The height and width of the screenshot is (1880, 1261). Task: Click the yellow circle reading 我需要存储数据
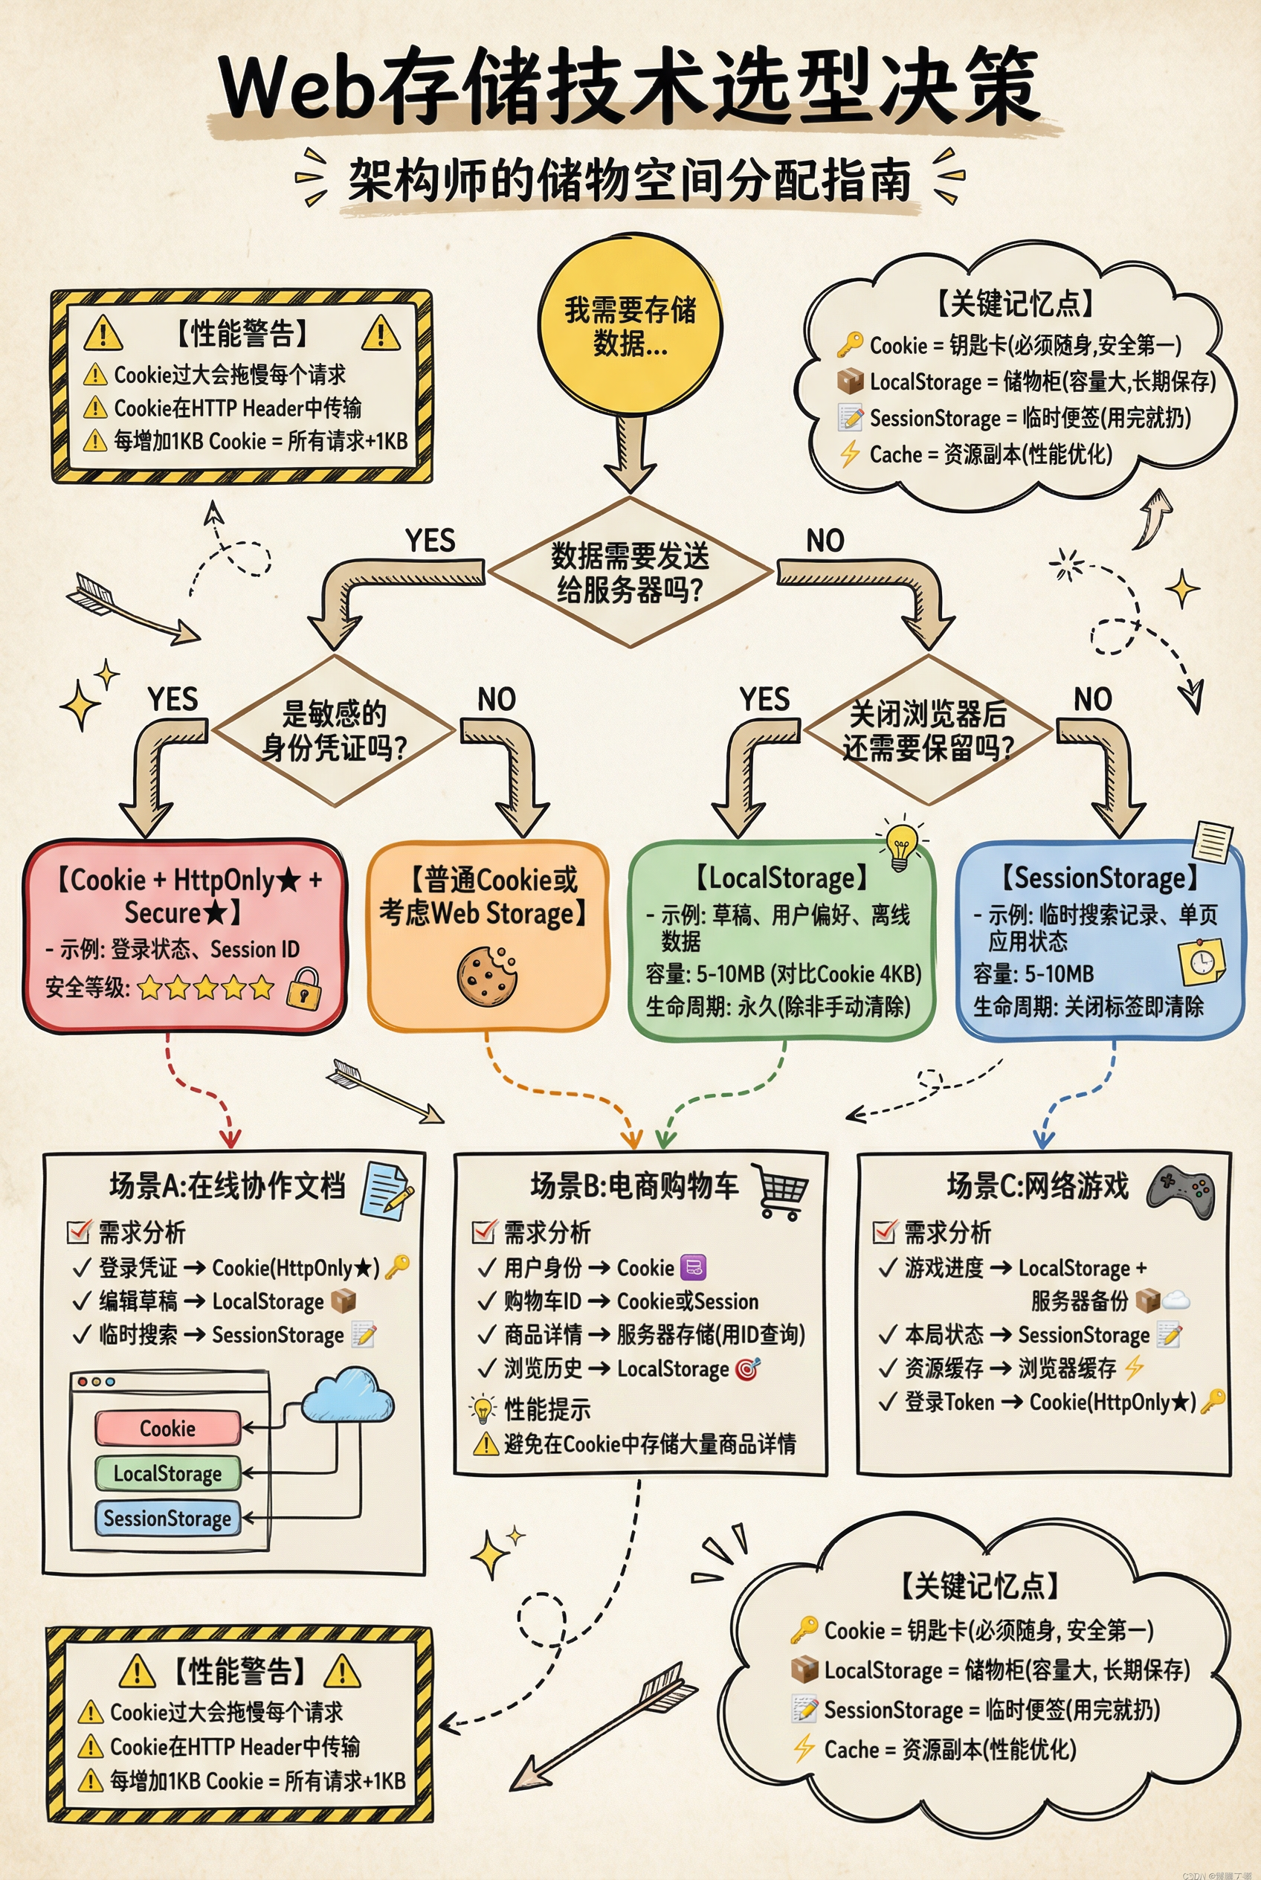630,326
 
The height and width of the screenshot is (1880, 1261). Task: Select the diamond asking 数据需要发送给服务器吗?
630,572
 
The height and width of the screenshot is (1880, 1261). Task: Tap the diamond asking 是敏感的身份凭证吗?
334,730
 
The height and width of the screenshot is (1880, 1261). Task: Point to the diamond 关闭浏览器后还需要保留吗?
928,730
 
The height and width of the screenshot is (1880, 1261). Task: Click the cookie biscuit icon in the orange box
486,975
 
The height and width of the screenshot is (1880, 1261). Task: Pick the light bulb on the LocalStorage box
900,847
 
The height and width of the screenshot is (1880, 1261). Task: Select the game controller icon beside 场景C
1181,1189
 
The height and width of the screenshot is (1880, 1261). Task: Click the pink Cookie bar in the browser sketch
167,1429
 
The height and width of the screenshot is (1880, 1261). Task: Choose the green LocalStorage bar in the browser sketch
167,1473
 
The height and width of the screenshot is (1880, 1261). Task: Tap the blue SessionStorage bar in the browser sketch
167,1518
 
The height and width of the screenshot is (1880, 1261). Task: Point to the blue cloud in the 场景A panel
348,1397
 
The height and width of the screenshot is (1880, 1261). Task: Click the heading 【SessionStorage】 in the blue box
1100,878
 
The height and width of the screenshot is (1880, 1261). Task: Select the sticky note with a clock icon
1202,962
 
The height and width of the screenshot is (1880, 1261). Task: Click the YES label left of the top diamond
430,541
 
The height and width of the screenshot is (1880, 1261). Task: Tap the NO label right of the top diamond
825,541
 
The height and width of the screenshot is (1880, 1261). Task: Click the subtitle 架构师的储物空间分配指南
630,180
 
